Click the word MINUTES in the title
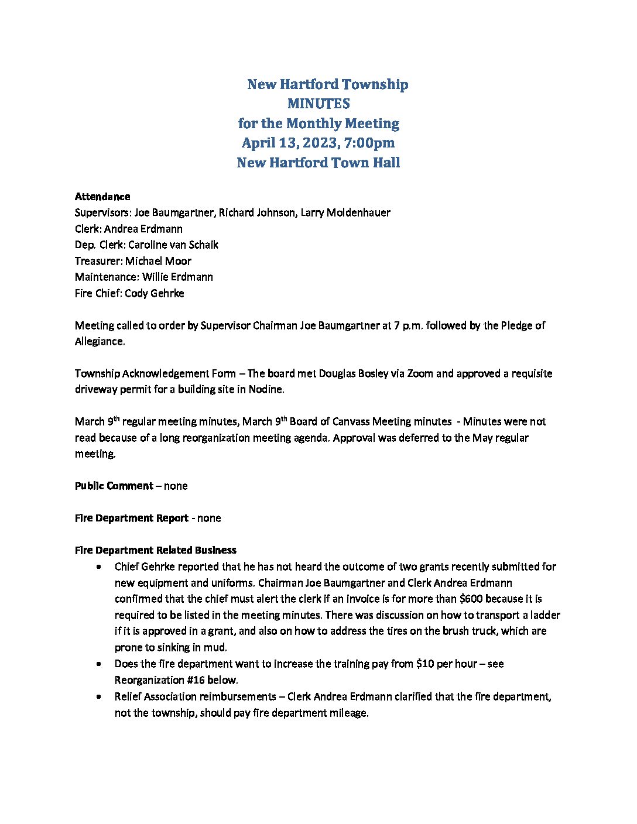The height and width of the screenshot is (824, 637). [x=318, y=104]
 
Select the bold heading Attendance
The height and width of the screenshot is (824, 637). [x=102, y=196]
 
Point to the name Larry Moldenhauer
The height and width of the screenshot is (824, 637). [x=345, y=212]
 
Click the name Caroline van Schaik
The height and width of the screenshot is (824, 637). [x=173, y=245]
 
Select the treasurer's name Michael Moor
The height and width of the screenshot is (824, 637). [x=158, y=261]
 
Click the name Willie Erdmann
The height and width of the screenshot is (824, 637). [x=177, y=277]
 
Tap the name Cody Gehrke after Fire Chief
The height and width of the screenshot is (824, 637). [x=155, y=293]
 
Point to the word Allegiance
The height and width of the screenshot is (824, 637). [x=100, y=341]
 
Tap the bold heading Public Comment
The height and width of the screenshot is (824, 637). [x=114, y=486]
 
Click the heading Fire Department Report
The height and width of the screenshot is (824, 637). [x=132, y=518]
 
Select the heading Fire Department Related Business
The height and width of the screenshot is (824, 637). [x=156, y=550]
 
